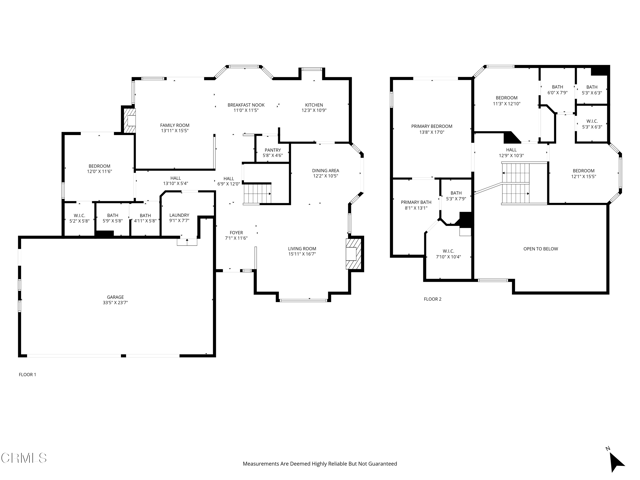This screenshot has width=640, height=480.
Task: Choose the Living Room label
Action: coord(302,251)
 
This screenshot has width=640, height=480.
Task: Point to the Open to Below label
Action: coord(541,248)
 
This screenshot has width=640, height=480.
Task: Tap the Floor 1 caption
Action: coord(27,374)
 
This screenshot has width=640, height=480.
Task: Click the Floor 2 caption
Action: coord(432,299)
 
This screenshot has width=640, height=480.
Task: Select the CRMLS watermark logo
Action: coord(24,459)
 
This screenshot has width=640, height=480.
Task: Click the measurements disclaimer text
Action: coord(320,464)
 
